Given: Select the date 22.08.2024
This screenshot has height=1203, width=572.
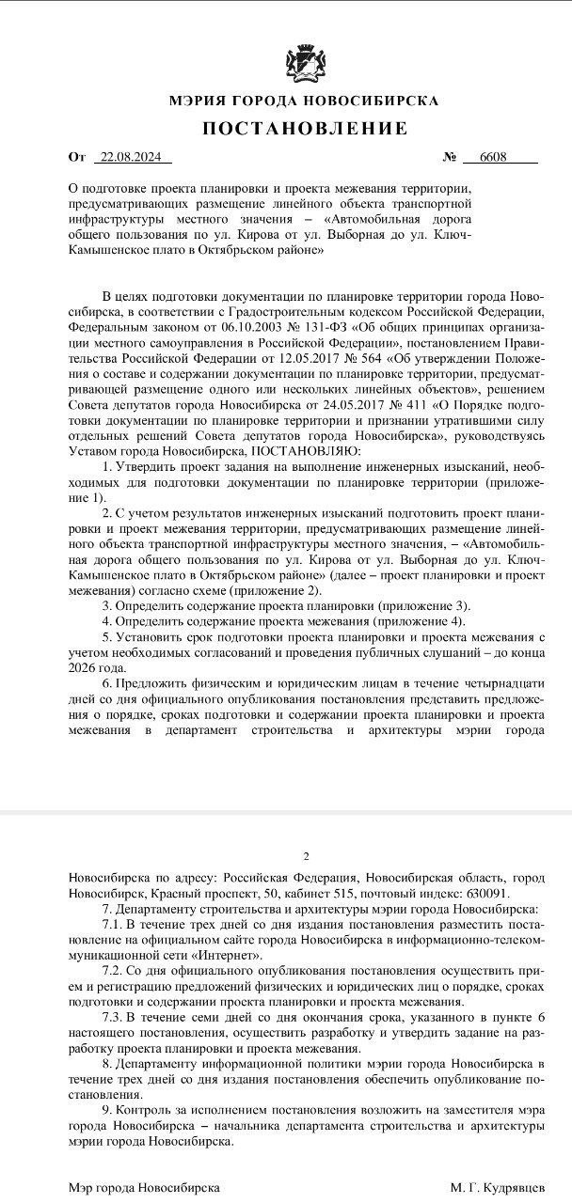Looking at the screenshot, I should pyautogui.click(x=133, y=157).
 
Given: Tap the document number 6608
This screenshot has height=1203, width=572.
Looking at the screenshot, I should pyautogui.click(x=492, y=157).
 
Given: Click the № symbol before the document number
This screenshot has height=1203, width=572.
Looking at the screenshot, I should pyautogui.click(x=449, y=157).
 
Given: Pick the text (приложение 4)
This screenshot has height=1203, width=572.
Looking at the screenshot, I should pyautogui.click(x=421, y=622).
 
